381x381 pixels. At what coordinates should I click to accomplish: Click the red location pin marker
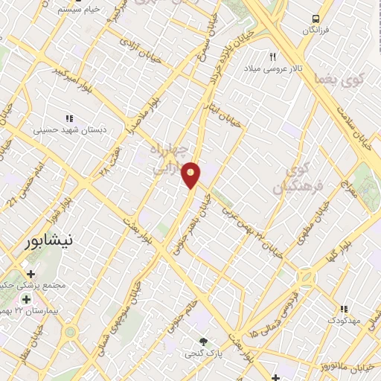coord(191,174)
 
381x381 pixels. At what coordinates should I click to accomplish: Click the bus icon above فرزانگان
coord(316,18)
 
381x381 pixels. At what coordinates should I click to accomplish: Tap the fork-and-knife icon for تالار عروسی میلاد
coord(272,57)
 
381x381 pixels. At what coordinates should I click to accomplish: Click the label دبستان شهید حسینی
coord(68,129)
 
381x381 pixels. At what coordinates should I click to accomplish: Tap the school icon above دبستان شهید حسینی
coord(69,118)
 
